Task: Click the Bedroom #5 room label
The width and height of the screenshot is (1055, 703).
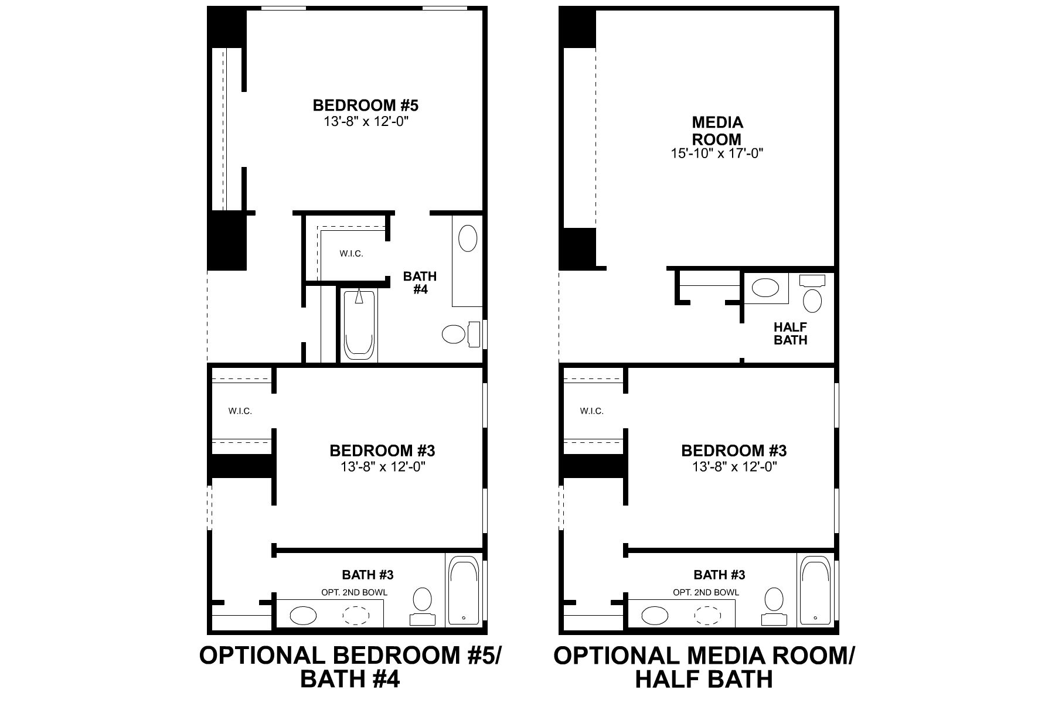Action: coord(365,105)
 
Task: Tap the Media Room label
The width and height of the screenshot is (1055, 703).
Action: coord(717,131)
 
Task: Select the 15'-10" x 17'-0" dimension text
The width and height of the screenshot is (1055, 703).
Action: coord(717,153)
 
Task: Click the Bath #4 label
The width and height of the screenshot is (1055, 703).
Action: coord(420,282)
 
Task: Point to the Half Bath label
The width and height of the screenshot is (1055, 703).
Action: coord(790,333)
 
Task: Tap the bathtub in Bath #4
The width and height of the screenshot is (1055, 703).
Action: coord(359,325)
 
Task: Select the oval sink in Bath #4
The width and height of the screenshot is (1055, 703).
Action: coord(467,239)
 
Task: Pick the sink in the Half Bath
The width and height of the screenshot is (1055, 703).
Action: coord(765,288)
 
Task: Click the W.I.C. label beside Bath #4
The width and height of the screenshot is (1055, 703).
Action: coord(351,254)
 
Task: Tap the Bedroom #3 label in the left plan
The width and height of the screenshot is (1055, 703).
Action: coord(382,451)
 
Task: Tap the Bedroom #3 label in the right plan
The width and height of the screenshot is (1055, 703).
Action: coord(734,451)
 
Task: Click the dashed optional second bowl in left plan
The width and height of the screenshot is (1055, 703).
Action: coord(356,615)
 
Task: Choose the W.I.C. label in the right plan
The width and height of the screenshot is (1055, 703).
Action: coord(591,411)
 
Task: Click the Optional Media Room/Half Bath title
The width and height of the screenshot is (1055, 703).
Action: coord(704,667)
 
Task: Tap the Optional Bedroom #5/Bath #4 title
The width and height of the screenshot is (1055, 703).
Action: coord(350,667)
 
